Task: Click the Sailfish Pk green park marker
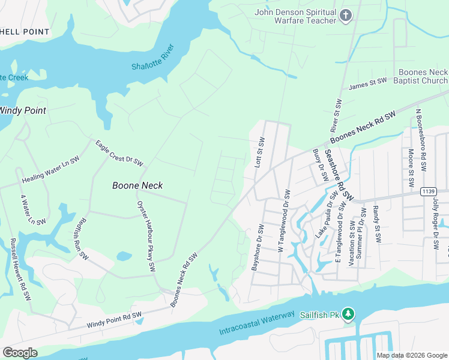tap(349, 314)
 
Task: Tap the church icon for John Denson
tap(346, 16)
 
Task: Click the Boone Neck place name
tap(137, 186)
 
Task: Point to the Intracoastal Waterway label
tap(257, 323)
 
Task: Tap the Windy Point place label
tap(22, 110)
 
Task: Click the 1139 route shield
tap(428, 191)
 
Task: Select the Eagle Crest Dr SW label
tap(119, 152)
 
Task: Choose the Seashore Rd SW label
tap(339, 175)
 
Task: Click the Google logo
tap(20, 353)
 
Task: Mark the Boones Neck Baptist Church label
tap(423, 76)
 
